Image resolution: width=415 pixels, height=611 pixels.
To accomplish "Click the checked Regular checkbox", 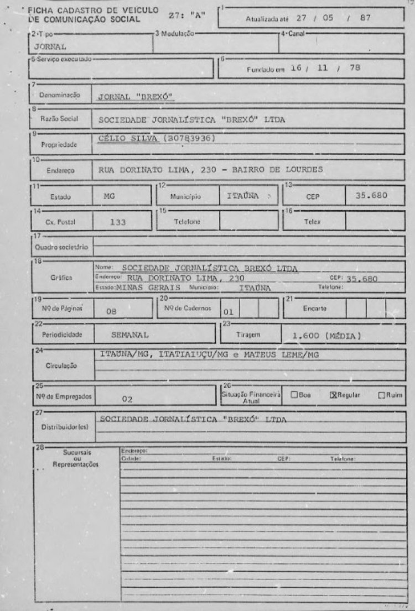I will pyautogui.click(x=333, y=395).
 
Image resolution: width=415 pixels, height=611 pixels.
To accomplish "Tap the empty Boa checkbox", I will pyautogui.click(x=294, y=395).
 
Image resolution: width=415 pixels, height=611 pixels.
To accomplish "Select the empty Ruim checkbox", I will pyautogui.click(x=381, y=395).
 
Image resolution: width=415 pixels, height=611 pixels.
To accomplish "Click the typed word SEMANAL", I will pyautogui.click(x=130, y=335).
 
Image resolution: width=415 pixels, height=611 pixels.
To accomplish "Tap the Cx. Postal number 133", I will pyautogui.click(x=118, y=222).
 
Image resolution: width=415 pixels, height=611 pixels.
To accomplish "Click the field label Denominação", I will pyautogui.click(x=59, y=95).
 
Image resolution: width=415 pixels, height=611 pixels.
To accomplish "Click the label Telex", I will pyautogui.click(x=313, y=221).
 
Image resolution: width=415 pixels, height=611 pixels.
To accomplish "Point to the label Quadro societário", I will pyautogui.click(x=61, y=247).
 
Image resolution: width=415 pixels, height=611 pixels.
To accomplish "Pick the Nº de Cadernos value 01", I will pyautogui.click(x=229, y=311).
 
